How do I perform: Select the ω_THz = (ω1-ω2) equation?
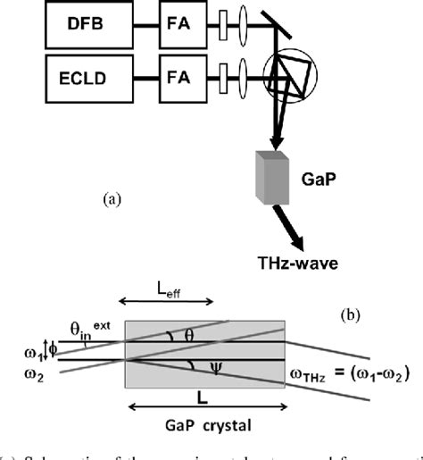coord(358,373)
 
